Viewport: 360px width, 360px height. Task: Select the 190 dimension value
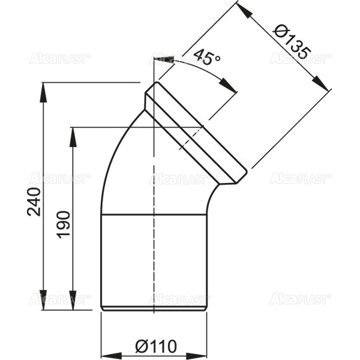[64, 224]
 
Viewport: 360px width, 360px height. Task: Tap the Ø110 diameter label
[155, 346]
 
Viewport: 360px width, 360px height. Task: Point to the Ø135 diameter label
[290, 40]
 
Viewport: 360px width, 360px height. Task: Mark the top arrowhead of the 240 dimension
[44, 88]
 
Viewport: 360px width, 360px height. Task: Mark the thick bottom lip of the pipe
[154, 309]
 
